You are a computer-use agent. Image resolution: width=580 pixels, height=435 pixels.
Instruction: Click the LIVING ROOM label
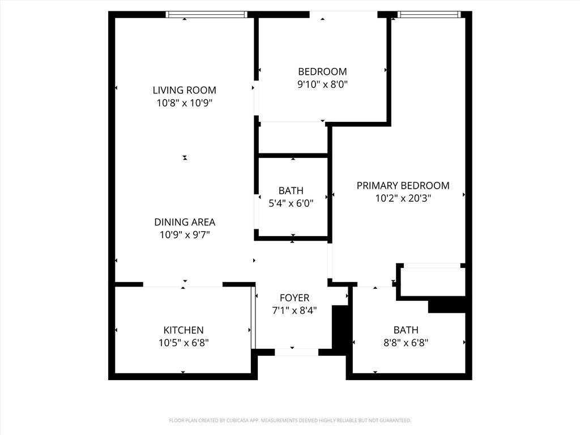click(184, 90)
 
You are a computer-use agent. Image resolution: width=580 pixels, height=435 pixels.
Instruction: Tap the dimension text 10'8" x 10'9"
click(184, 103)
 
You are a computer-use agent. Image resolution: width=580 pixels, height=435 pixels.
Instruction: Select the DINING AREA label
click(185, 222)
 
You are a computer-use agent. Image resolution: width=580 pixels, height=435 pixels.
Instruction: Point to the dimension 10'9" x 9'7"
click(185, 235)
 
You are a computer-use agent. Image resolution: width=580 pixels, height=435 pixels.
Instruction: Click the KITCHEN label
click(183, 330)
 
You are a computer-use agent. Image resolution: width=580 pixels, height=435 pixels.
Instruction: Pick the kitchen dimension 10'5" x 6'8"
click(183, 343)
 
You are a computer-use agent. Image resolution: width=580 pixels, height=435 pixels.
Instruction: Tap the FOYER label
click(295, 298)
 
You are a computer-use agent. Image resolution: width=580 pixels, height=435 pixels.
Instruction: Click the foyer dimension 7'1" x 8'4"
click(295, 310)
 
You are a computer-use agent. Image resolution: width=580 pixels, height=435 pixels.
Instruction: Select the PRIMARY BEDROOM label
click(403, 185)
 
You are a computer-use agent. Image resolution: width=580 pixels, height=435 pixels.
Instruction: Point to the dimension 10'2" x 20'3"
click(403, 198)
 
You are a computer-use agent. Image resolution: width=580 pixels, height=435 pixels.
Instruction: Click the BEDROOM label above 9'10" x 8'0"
click(322, 71)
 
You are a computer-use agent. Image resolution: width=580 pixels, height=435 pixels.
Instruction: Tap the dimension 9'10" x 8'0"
click(322, 84)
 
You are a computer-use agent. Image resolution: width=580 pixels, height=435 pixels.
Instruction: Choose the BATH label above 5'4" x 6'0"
click(291, 191)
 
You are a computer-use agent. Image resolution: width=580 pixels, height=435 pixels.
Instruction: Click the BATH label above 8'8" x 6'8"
click(406, 330)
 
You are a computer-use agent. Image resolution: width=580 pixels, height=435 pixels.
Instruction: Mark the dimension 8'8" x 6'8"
click(406, 343)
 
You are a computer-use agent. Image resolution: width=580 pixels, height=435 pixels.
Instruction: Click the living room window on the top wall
click(207, 14)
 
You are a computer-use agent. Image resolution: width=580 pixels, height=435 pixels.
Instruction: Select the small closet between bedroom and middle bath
click(293, 138)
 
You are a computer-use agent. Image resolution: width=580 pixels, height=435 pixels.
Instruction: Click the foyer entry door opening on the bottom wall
click(296, 352)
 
